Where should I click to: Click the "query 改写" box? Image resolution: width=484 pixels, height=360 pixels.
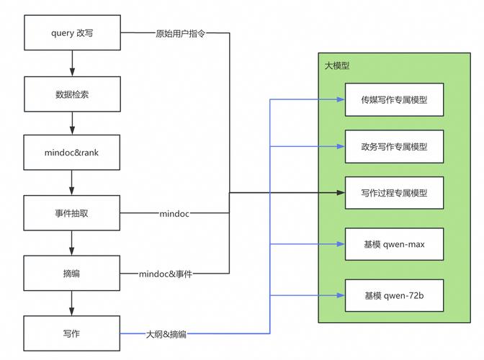tap(72, 33)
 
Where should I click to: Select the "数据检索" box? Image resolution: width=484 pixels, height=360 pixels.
tap(72, 94)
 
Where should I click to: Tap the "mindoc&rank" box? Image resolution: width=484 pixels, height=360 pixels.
tap(72, 153)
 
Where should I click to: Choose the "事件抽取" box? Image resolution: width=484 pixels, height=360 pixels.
tap(72, 213)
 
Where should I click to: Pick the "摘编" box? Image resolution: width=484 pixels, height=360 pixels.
tap(72, 274)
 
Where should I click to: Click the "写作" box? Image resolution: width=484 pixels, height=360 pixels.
tap(72, 333)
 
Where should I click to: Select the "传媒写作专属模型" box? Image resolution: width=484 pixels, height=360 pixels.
tap(394, 99)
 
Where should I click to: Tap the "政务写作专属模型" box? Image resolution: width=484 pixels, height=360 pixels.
tap(394, 146)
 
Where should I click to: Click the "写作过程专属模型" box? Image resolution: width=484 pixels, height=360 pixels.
tap(394, 193)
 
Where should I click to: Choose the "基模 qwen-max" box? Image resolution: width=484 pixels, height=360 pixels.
tap(394, 245)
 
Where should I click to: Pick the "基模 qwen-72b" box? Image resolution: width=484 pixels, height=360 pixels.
tap(394, 295)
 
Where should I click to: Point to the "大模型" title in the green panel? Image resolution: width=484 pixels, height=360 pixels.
tap(337, 66)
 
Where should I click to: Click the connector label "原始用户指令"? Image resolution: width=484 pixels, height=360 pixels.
tap(180, 33)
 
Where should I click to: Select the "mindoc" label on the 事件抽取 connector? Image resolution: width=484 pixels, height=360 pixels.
tap(174, 214)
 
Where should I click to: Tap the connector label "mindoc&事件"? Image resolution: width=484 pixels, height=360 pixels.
tap(166, 274)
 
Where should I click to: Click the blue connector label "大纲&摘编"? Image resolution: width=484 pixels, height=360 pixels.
tap(166, 334)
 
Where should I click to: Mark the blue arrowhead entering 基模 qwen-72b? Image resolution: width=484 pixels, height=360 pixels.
tap(341, 295)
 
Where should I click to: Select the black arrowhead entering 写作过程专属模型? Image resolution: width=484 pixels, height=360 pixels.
tap(341, 193)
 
